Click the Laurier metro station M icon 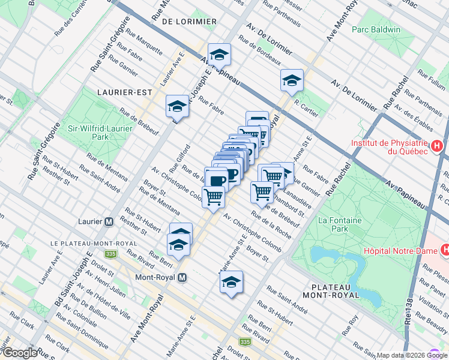(x=109, y=221)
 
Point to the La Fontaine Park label (x=333, y=224)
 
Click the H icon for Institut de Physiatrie (x=437, y=145)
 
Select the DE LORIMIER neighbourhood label (x=189, y=21)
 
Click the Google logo (x=20, y=353)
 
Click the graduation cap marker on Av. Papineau (x=219, y=55)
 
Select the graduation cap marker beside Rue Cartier (x=292, y=81)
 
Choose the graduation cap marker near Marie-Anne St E (x=231, y=283)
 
